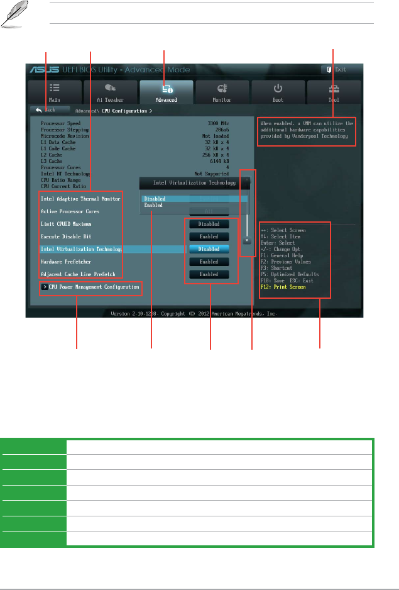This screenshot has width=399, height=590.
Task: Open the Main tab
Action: point(55,92)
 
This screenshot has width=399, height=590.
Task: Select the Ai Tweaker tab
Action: point(110,92)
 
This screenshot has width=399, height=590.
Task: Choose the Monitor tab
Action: point(222,92)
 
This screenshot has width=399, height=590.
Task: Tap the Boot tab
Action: point(278,92)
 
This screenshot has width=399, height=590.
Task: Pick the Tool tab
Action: point(333,92)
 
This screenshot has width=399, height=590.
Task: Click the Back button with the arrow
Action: point(46,110)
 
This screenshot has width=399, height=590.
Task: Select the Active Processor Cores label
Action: point(70,211)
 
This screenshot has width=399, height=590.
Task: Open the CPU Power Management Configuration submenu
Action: point(92,287)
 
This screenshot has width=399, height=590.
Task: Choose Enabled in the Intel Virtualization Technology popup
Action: point(153,206)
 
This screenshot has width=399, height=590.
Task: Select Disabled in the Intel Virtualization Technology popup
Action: point(155,199)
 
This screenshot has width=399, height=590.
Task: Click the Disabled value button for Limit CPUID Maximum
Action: point(209,224)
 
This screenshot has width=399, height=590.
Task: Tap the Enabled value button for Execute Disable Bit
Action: point(209,237)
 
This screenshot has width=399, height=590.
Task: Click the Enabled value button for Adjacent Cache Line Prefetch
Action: point(209,274)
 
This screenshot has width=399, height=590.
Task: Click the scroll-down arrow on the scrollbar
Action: point(248,240)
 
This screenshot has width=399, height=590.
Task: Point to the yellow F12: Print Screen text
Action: point(283,287)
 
